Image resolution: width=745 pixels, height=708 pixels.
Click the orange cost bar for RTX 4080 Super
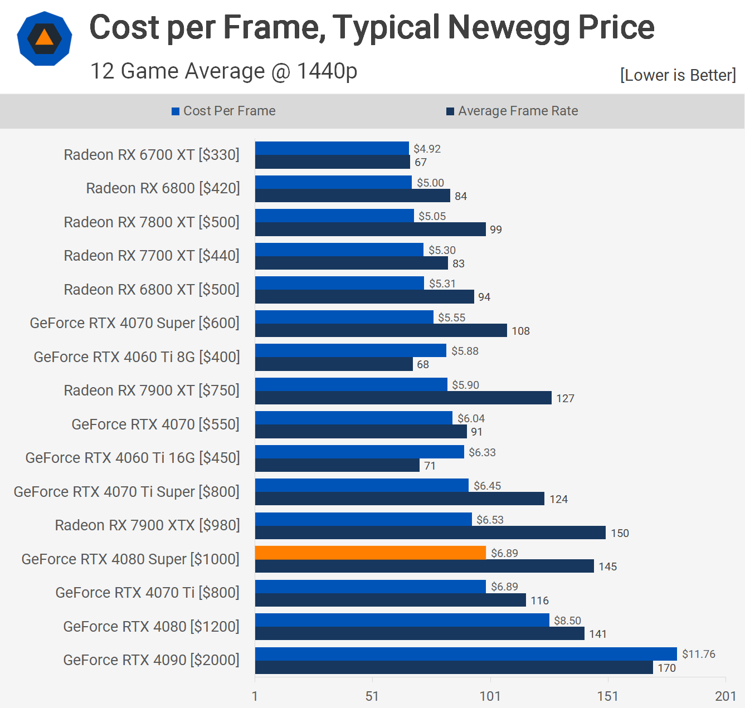pyautogui.click(x=371, y=553)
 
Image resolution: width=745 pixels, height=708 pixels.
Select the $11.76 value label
pyautogui.click(x=698, y=654)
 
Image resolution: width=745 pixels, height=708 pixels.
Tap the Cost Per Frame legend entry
pyautogui.click(x=223, y=111)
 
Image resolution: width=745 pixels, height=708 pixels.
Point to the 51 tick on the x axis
pyautogui.click(x=372, y=696)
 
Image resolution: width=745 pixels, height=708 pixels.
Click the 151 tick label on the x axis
pyautogui.click(x=607, y=696)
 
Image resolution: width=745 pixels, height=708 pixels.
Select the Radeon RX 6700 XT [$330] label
pyautogui.click(x=152, y=154)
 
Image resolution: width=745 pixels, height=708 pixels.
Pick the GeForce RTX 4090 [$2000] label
pyautogui.click(x=151, y=660)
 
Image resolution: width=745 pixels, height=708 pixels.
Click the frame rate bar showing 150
pyautogui.click(x=430, y=533)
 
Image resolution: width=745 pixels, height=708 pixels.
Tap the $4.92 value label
pyautogui.click(x=427, y=149)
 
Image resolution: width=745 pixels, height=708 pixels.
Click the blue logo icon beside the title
pyautogui.click(x=45, y=38)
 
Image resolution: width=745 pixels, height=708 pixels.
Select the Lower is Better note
pyautogui.click(x=678, y=75)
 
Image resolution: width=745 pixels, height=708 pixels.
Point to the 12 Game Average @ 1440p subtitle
pyautogui.click(x=223, y=71)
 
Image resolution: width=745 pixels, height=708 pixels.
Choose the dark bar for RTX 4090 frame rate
pyautogui.click(x=454, y=667)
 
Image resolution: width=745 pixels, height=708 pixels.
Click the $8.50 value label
pyautogui.click(x=567, y=621)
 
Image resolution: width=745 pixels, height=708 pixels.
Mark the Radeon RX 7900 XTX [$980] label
pyautogui.click(x=147, y=525)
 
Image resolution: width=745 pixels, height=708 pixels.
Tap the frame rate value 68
pyautogui.click(x=423, y=364)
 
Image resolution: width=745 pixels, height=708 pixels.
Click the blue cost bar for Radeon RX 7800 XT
pyautogui.click(x=334, y=216)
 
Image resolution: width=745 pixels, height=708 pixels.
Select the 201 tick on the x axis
pyautogui.click(x=725, y=696)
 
